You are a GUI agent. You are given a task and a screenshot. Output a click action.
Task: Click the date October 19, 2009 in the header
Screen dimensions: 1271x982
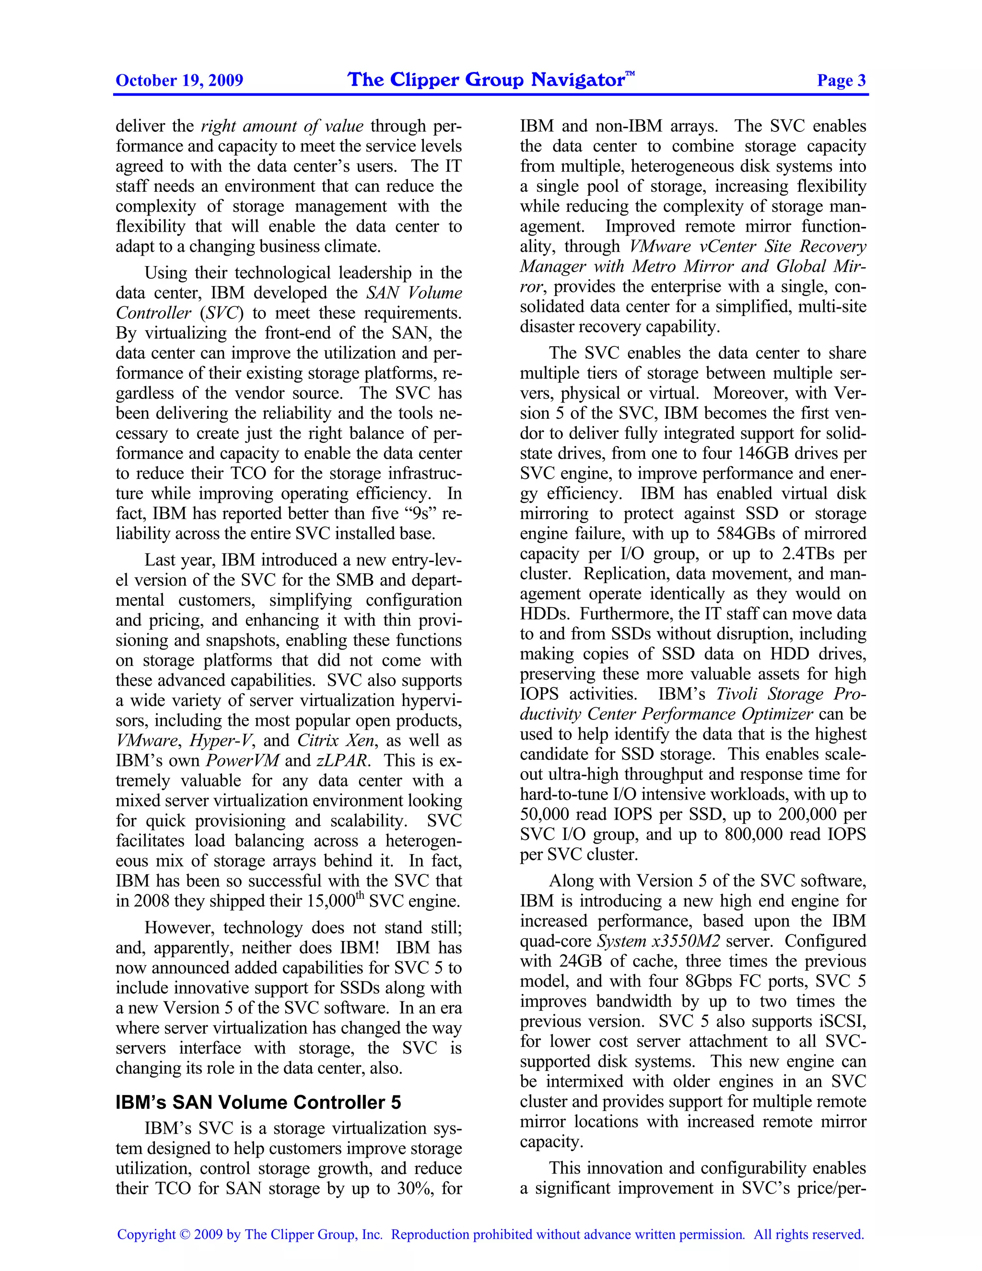(x=179, y=80)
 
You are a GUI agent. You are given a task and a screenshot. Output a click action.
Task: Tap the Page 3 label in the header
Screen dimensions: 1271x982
(x=841, y=80)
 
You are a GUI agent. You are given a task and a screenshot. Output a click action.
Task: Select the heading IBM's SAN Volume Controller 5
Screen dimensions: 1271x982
(x=258, y=1102)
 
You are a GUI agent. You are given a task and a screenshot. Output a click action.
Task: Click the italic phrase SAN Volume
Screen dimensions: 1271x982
(x=414, y=293)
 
